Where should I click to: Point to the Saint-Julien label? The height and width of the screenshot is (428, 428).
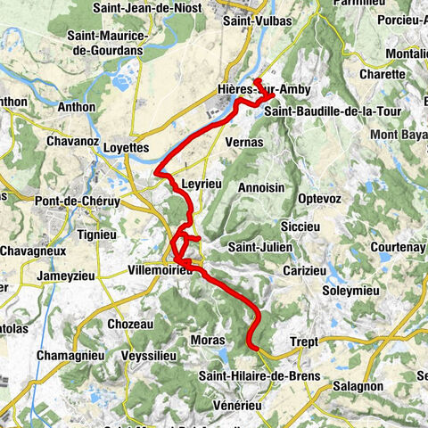[x=255, y=247]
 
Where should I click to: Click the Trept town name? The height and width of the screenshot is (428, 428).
[x=304, y=342]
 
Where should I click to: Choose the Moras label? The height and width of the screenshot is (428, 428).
[x=206, y=341]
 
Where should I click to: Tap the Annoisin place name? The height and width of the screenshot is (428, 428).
[x=261, y=187]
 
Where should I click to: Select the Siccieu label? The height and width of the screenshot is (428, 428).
[x=299, y=226]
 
